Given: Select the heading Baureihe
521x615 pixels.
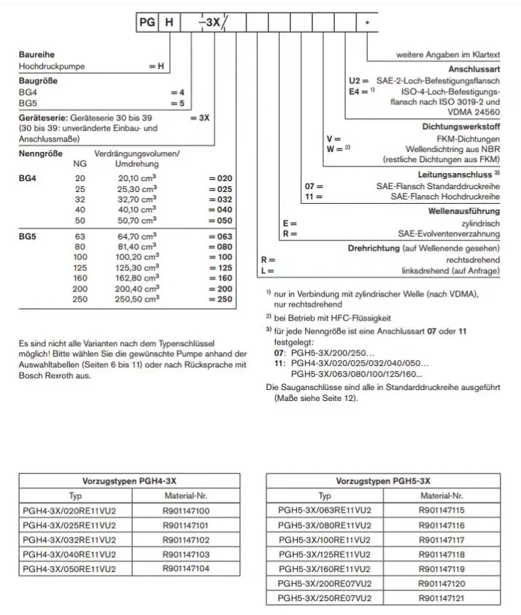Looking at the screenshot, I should point(36,55).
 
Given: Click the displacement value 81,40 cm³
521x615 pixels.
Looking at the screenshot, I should point(138,247).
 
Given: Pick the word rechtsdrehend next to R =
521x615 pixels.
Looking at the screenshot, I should point(473,259).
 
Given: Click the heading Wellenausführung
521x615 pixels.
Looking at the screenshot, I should point(464,211).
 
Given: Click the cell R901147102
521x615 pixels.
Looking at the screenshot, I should point(185,540).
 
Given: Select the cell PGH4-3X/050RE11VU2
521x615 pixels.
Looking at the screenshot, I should point(70,568).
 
